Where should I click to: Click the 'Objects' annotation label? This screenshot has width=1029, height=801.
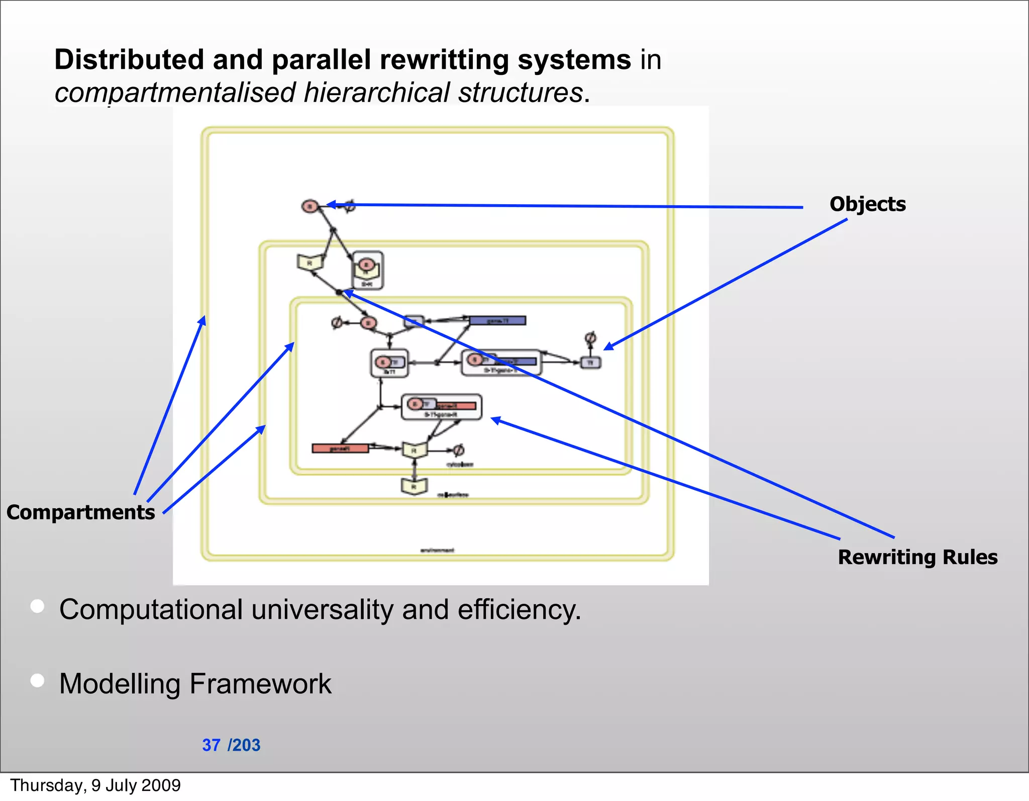(x=867, y=204)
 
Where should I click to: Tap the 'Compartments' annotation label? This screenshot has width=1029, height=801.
(x=80, y=512)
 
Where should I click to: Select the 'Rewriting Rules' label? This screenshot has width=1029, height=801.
(x=917, y=557)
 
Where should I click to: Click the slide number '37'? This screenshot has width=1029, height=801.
(x=211, y=745)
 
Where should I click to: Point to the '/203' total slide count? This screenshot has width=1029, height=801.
(x=244, y=745)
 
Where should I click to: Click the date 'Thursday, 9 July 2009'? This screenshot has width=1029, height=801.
(x=95, y=785)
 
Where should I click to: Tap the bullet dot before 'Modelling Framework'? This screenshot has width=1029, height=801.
(x=37, y=680)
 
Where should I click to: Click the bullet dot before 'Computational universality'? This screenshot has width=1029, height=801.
(x=37, y=606)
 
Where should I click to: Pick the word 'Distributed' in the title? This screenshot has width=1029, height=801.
(x=129, y=59)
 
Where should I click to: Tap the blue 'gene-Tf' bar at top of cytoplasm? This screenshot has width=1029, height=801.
(x=497, y=321)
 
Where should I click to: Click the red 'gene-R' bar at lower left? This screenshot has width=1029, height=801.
(x=340, y=449)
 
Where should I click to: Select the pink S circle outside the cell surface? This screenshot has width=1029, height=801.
(x=310, y=206)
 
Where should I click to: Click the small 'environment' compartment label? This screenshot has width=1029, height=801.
(x=437, y=551)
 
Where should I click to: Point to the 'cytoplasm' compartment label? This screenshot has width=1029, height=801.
(x=460, y=465)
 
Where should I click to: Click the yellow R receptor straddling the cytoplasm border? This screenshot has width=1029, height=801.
(x=414, y=450)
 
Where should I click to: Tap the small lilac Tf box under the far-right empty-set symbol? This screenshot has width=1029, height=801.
(x=590, y=363)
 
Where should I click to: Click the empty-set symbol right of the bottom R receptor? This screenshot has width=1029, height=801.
(x=458, y=450)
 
